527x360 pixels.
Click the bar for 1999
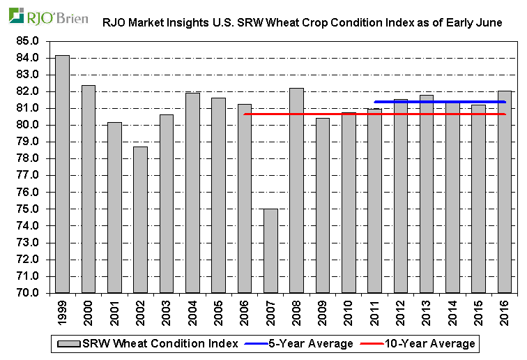pyautogui.click(x=62, y=174)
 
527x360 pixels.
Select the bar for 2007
pyautogui.click(x=270, y=251)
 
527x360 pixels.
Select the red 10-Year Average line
pyautogui.click(x=349, y=114)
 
